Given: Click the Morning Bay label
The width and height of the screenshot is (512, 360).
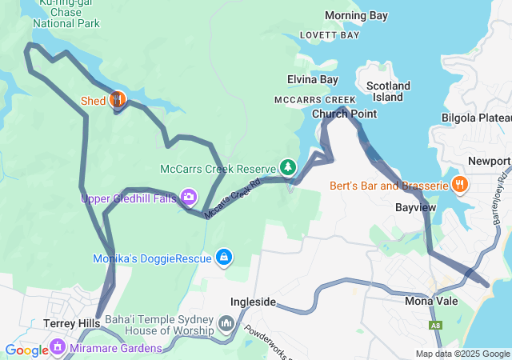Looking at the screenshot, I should tap(356, 16).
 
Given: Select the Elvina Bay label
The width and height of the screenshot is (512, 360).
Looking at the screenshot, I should tap(313, 79).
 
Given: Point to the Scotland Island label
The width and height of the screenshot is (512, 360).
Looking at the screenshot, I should tap(388, 91).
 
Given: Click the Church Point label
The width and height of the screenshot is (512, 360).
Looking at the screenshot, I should tap(344, 114).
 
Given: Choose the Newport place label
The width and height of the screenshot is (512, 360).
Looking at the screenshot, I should tap(489, 160).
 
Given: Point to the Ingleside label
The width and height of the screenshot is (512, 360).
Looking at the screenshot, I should tap(253, 302).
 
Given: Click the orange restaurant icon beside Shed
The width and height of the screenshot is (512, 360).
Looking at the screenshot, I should tap(117, 100).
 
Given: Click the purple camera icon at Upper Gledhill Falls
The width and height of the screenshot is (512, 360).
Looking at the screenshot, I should tap(189, 196).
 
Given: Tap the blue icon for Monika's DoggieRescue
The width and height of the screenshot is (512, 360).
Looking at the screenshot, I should tap(225, 257).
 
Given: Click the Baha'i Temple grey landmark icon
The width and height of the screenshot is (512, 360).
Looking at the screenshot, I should tap(226, 324).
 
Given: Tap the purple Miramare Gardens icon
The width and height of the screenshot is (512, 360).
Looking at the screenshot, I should tap(57, 347).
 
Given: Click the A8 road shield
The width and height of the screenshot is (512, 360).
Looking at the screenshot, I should tap(435, 326).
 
